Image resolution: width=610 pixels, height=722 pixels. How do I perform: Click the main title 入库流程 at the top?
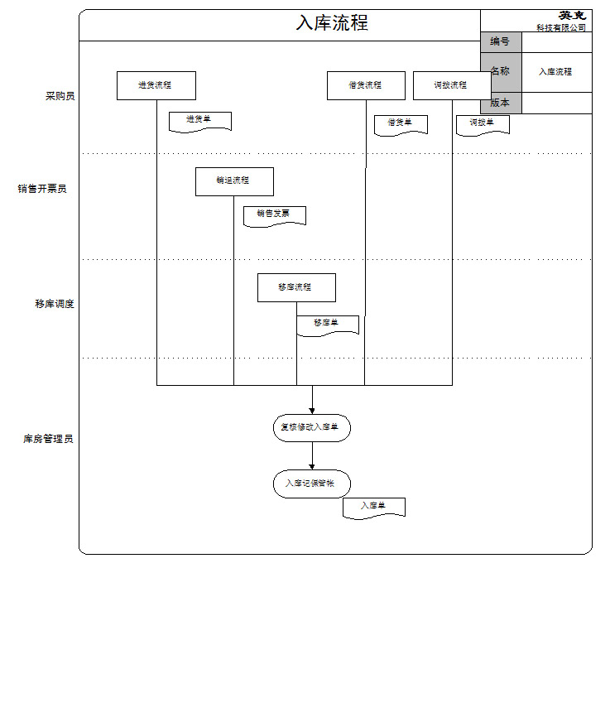pyautogui.click(x=332, y=23)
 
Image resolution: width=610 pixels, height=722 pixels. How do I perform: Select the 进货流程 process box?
pyautogui.click(x=156, y=85)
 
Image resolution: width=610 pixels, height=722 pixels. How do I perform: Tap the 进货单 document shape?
pyautogui.click(x=199, y=121)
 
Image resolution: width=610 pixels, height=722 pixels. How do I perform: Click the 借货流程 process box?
pyautogui.click(x=366, y=85)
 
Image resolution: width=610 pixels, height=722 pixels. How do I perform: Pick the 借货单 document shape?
pyautogui.click(x=401, y=124)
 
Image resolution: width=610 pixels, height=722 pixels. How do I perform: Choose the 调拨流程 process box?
pyautogui.click(x=451, y=85)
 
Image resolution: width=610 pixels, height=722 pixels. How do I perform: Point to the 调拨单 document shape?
pyautogui.click(x=483, y=124)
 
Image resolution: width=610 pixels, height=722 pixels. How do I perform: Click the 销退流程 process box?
pyautogui.click(x=234, y=181)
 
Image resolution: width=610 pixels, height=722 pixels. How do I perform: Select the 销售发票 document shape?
pyautogui.click(x=274, y=215)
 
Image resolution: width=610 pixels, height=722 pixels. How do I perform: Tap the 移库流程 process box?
pyautogui.click(x=296, y=287)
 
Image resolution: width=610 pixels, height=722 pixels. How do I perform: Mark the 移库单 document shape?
pyautogui.click(x=328, y=325)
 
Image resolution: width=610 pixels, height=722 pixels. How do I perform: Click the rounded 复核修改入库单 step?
pyautogui.click(x=312, y=428)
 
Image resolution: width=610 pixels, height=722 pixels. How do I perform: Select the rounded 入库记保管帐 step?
pyautogui.click(x=312, y=484)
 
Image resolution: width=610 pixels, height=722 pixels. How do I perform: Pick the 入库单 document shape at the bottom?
pyautogui.click(x=374, y=508)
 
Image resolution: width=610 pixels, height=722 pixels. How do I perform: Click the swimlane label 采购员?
pyautogui.click(x=60, y=96)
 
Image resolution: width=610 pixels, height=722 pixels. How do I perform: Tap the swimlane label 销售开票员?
pyautogui.click(x=42, y=189)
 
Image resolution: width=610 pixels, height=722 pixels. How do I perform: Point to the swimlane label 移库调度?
pyautogui.click(x=55, y=304)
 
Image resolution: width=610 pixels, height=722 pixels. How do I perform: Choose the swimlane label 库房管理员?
pyautogui.click(x=48, y=439)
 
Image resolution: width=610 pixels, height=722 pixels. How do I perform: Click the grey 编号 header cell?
pyautogui.click(x=501, y=42)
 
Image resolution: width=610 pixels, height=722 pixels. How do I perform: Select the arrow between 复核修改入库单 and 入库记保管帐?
pyautogui.click(x=312, y=455)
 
